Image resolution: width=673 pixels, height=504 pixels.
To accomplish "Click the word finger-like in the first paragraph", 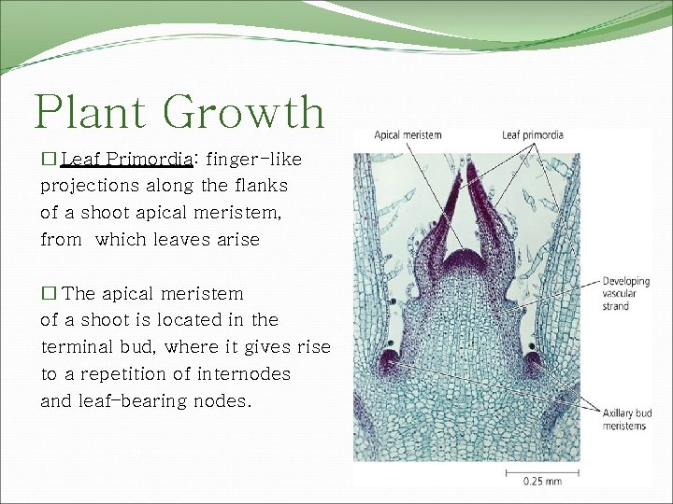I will tap(254, 159).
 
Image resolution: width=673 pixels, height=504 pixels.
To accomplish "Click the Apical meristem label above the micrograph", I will tap(408, 135).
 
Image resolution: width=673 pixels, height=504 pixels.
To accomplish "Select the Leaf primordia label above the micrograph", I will tap(532, 135).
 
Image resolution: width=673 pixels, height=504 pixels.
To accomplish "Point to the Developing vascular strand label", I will tap(625, 293).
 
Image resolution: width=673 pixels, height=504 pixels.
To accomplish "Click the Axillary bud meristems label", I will tap(625, 420).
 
